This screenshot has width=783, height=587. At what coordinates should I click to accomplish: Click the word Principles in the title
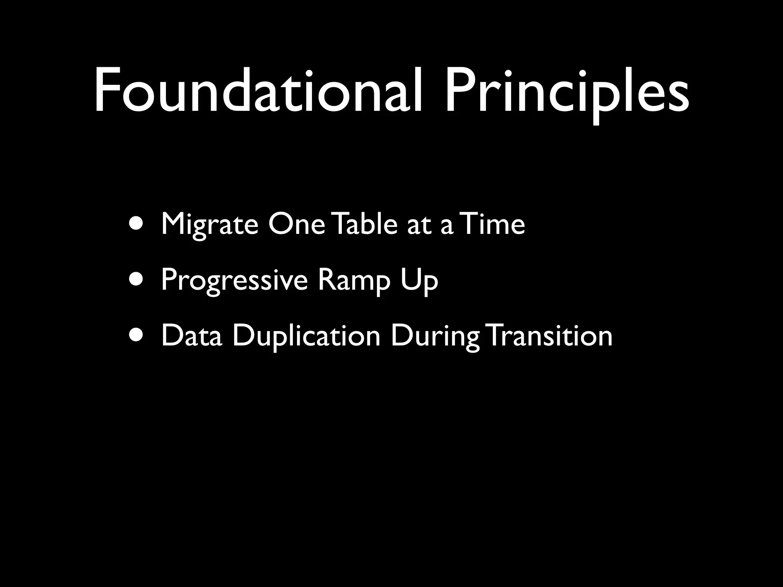[x=567, y=92]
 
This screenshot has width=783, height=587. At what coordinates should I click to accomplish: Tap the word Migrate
[x=210, y=225]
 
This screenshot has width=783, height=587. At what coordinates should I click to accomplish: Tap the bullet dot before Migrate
[x=136, y=225]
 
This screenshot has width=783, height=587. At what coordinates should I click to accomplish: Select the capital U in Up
[x=411, y=279]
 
